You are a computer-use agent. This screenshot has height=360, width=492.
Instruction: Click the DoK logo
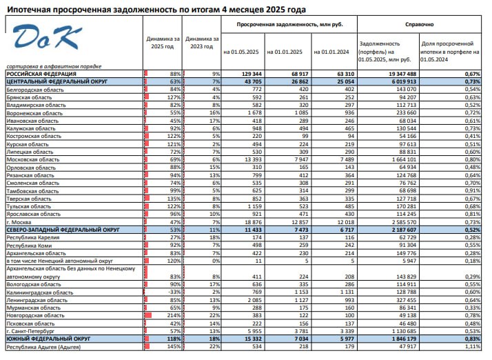click(47, 37)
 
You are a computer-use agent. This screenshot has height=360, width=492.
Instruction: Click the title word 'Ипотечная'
click(28, 10)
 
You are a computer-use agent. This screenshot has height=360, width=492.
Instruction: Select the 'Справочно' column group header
click(419, 25)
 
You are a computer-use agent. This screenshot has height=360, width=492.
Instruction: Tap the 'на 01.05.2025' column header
click(241, 52)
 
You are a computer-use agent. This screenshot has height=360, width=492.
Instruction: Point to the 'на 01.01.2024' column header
click(331, 52)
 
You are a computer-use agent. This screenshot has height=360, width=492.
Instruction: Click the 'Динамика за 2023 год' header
click(202, 43)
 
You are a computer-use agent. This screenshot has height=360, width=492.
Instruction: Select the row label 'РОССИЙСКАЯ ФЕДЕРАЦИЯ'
click(41, 74)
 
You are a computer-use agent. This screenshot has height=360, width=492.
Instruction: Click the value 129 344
click(252, 74)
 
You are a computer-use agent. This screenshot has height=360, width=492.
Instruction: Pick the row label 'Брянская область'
click(29, 97)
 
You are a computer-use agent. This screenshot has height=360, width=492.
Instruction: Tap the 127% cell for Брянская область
click(174, 97)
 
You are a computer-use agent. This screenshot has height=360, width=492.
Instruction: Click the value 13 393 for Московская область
click(253, 159)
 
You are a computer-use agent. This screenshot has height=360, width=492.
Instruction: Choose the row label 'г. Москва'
click(19, 222)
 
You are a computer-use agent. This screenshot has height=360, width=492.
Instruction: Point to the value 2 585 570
click(404, 222)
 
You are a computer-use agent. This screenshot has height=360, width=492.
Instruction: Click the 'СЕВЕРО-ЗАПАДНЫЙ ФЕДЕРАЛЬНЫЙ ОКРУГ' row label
click(63, 230)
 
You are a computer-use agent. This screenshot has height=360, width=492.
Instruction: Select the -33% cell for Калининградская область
click(174, 292)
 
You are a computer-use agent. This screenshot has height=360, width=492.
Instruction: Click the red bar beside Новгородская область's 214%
click(148, 315)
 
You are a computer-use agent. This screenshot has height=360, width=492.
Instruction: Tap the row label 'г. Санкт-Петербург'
click(30, 331)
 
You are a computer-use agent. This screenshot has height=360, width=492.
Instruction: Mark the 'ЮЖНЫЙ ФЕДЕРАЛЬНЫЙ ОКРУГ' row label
click(48, 339)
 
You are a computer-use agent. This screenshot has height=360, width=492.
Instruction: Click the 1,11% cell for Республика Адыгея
click(473, 347)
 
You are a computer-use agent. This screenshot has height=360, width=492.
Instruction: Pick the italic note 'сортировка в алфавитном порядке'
click(54, 66)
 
